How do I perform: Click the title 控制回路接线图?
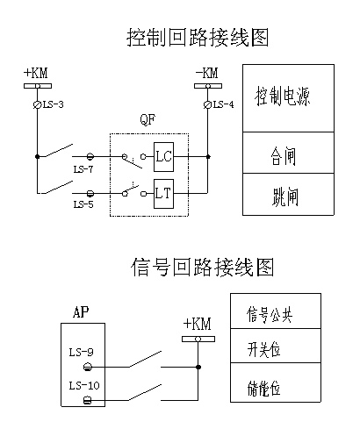198,38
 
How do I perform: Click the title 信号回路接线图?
202,267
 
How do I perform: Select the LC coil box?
163,157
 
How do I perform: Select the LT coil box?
163,194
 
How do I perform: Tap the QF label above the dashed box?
148,119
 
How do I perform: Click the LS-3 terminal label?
54,104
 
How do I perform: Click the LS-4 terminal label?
224,104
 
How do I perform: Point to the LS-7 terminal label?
83,169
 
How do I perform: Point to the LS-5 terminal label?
83,204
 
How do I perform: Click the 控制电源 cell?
288,98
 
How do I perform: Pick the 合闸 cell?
288,153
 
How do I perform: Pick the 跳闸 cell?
288,195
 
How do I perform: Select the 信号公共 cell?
276,311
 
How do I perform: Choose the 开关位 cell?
276,346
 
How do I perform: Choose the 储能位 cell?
276,382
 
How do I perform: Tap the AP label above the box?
81,312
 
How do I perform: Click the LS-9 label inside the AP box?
81,352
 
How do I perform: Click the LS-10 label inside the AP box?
84,385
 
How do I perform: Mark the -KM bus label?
207,73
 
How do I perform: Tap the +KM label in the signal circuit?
197,324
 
